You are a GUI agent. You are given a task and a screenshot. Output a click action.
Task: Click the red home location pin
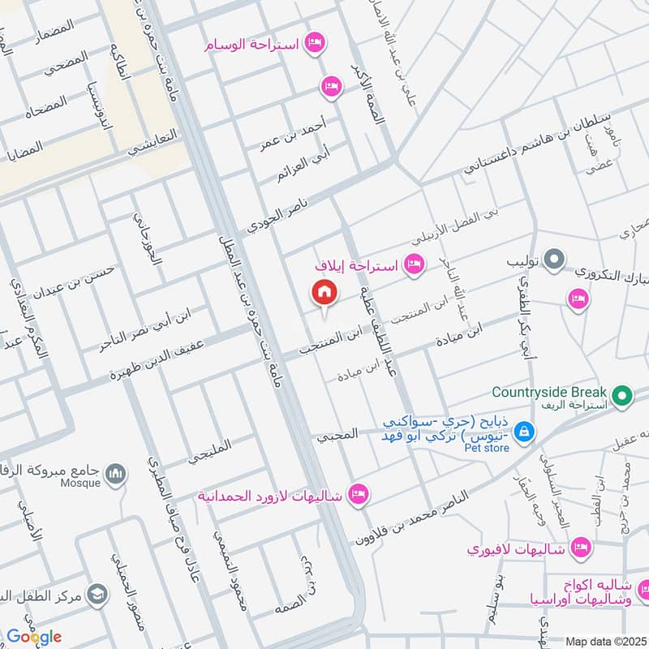click(x=324, y=292)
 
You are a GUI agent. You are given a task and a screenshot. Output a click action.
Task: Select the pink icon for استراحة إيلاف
click(x=415, y=264)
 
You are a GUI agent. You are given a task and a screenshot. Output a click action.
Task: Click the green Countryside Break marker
click(x=622, y=396)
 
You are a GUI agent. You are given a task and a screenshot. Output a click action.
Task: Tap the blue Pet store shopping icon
click(x=524, y=430)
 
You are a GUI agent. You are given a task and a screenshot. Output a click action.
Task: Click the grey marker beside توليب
click(x=554, y=260)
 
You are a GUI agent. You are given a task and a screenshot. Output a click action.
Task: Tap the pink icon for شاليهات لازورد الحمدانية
click(x=358, y=493)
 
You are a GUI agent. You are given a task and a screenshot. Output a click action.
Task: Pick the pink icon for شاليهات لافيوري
click(x=579, y=548)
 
